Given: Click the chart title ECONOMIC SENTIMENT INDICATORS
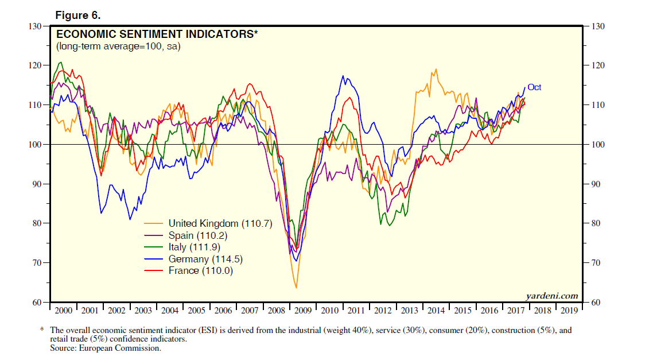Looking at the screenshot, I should click(157, 34).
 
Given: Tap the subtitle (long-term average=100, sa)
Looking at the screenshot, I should click(118, 46).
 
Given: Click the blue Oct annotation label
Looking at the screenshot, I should click(534, 87).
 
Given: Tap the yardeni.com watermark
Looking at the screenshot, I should click(552, 296).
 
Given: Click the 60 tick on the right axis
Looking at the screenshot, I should click(596, 302).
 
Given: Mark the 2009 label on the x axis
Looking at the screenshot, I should click(303, 311).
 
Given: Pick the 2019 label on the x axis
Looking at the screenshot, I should click(569, 311).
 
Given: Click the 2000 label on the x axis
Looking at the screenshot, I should click(63, 311).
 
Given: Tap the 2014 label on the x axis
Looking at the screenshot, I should click(436, 311).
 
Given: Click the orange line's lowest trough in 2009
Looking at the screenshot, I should click(296, 288).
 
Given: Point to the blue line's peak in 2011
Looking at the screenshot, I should click(343, 76).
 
